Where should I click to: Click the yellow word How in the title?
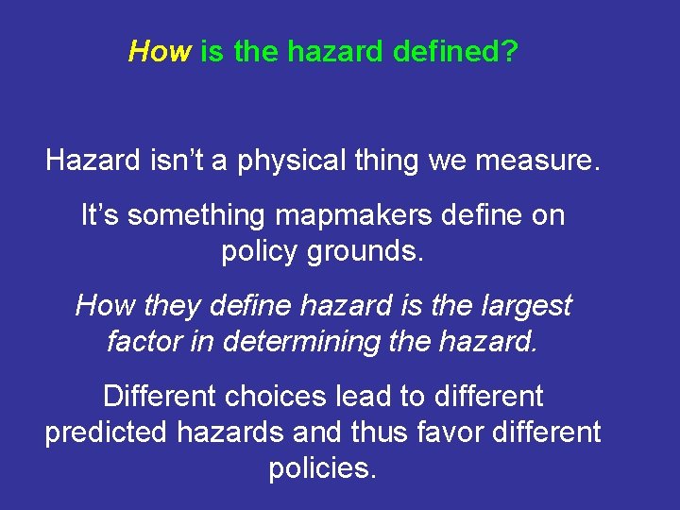click(x=160, y=51)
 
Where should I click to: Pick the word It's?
click(x=99, y=215)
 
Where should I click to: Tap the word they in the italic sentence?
click(x=173, y=306)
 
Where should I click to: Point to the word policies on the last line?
click(x=322, y=467)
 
